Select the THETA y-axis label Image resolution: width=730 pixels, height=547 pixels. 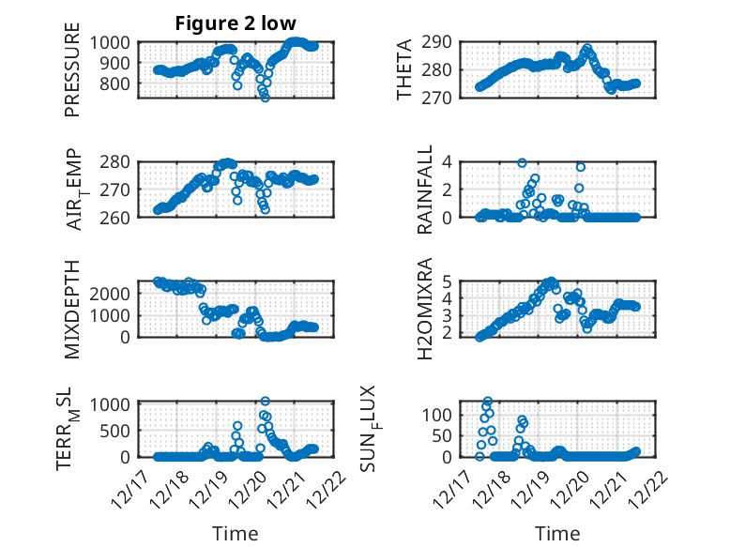click(404, 69)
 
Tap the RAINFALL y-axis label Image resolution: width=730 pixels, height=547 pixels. click(424, 189)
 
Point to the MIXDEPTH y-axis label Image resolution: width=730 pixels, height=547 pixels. click(72, 309)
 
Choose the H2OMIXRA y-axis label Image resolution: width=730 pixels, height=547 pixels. click(424, 307)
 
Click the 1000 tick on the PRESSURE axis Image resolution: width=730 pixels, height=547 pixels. click(116, 42)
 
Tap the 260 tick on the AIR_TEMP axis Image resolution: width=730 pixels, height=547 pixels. click(122, 217)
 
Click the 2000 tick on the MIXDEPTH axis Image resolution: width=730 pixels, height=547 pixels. click(116, 293)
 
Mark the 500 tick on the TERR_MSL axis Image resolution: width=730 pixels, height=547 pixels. click(122, 432)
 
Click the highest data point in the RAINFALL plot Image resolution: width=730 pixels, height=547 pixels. click(522, 162)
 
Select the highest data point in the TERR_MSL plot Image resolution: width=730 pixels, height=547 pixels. click(265, 402)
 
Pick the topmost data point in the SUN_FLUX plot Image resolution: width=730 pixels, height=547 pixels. click(487, 401)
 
